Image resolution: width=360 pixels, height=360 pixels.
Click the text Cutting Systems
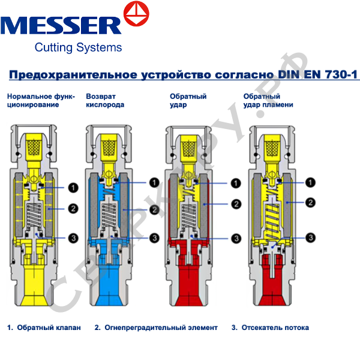click(x=78, y=47)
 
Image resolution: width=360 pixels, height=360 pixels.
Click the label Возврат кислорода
click(x=105, y=100)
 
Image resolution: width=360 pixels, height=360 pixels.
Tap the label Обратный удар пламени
click(x=268, y=100)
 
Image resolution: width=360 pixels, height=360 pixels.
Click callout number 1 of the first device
click(x=73, y=188)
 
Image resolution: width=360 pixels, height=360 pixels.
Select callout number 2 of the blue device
click(x=154, y=209)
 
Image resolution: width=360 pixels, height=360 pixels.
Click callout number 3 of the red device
click(x=236, y=238)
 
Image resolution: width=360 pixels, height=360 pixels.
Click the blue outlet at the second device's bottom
click(x=109, y=282)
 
